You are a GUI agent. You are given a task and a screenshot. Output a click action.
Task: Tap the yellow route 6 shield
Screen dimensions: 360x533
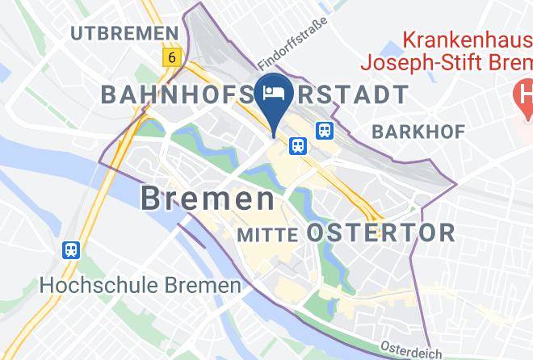coord(170,57)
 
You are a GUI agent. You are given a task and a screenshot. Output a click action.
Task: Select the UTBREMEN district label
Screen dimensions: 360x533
coord(123,33)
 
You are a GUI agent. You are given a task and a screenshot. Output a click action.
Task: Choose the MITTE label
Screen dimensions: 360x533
coord(270,234)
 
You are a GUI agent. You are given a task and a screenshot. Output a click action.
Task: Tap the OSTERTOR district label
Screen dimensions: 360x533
coord(381,233)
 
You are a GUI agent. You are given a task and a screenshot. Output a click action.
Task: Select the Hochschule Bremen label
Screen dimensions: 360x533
coord(141,285)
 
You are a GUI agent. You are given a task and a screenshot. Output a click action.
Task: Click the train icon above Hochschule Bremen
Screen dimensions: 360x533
coord(72,250)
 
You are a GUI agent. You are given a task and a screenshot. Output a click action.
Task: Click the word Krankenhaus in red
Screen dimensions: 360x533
coord(465,38)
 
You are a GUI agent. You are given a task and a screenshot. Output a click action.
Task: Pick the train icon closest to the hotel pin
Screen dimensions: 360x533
coord(297,145)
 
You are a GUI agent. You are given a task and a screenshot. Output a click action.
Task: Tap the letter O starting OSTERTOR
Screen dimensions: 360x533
coord(317,233)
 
